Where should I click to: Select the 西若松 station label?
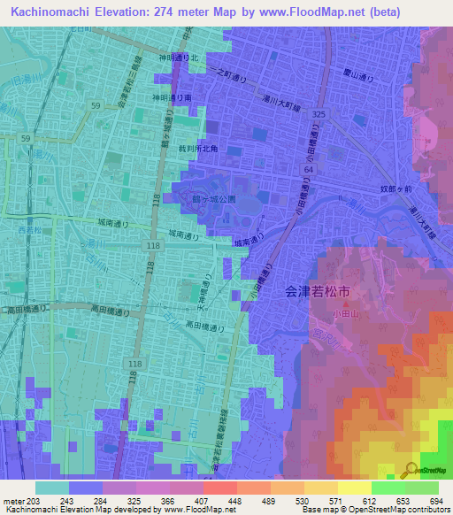(x=28, y=231)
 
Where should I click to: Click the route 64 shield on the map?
(x=308, y=167)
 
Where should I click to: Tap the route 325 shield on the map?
(x=319, y=115)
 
